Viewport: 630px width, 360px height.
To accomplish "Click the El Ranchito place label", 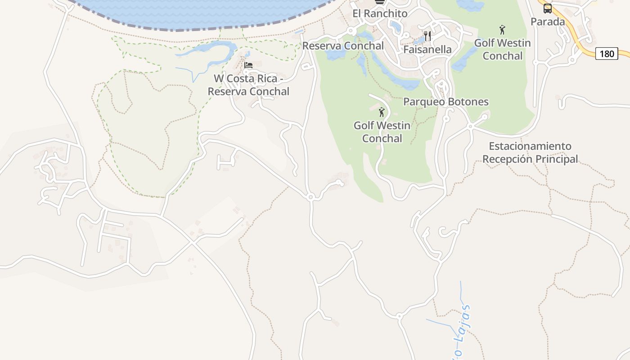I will click(x=380, y=13).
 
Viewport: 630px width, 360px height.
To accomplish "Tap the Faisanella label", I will click(x=427, y=49).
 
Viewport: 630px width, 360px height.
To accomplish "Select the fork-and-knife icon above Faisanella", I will click(x=427, y=36).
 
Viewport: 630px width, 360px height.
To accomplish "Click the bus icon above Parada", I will click(x=547, y=9).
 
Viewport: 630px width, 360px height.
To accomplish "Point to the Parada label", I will click(x=547, y=22).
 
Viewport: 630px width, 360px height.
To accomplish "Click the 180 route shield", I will click(x=607, y=54).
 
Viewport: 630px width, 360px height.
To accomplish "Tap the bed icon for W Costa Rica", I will click(x=248, y=65).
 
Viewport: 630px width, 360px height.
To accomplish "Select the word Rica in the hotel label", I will click(x=267, y=78).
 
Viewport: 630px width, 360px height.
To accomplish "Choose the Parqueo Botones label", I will click(x=445, y=102).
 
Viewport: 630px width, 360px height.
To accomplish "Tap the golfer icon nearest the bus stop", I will click(x=502, y=30).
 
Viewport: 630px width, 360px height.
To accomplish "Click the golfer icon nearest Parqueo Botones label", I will click(x=382, y=112).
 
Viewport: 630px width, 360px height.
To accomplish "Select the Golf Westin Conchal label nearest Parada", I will click(x=502, y=49).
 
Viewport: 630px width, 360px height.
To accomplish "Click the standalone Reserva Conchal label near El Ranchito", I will click(x=343, y=46).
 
